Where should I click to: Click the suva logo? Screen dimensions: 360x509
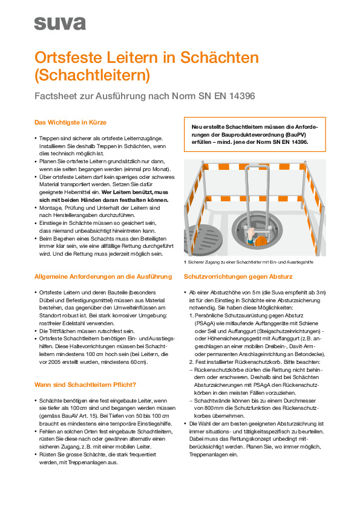point(60,24)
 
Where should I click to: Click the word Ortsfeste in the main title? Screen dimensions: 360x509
point(68,57)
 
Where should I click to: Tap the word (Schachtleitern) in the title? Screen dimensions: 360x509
point(93,75)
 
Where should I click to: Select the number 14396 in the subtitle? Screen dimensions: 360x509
point(242,96)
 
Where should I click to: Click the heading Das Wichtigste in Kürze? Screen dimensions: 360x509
point(71,122)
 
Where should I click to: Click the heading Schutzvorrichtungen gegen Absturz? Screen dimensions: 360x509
point(238,277)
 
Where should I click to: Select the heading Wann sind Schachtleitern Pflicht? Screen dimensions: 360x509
point(85,384)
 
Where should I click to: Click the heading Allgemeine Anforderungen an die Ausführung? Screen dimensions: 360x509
point(103,277)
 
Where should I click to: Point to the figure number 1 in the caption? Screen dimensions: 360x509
point(185,262)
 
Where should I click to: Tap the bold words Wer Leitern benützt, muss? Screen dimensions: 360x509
point(135,192)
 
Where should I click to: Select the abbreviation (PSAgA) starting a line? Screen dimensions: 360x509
point(204,323)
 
